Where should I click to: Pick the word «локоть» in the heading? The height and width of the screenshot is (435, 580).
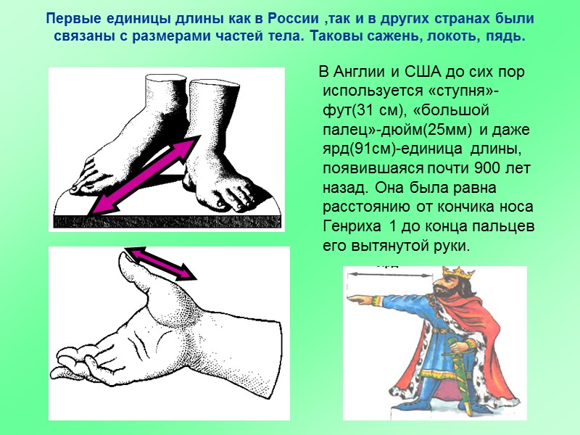coord(427,36)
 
